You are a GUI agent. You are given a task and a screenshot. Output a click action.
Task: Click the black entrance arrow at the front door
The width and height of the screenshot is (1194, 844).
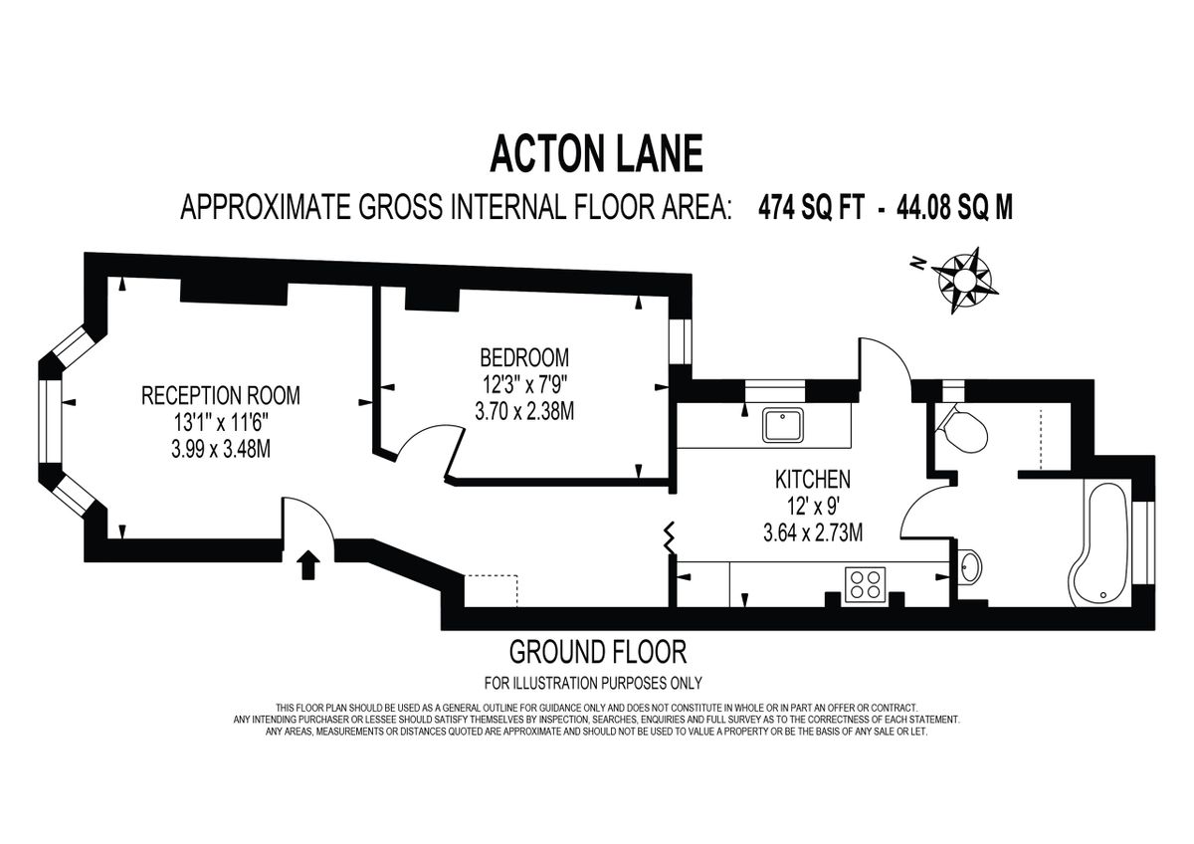tap(307, 565)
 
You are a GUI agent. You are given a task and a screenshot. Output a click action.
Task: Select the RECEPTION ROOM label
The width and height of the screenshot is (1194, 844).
tap(220, 395)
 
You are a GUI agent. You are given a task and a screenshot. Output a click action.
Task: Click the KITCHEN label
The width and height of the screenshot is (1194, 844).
tap(812, 480)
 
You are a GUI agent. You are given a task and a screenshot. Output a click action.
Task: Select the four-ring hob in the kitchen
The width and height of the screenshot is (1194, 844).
tap(864, 583)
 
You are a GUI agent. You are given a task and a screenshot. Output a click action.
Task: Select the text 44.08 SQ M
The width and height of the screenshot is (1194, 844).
tap(954, 208)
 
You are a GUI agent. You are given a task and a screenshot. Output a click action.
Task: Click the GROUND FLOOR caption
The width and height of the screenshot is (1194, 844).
tap(597, 653)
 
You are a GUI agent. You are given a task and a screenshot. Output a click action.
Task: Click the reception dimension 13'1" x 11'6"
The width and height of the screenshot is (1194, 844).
tap(220, 422)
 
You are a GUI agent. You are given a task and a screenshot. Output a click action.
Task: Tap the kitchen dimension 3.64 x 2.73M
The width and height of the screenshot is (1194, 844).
tap(812, 532)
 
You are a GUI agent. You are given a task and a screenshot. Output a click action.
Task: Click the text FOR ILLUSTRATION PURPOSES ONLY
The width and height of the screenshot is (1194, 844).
tap(593, 683)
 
